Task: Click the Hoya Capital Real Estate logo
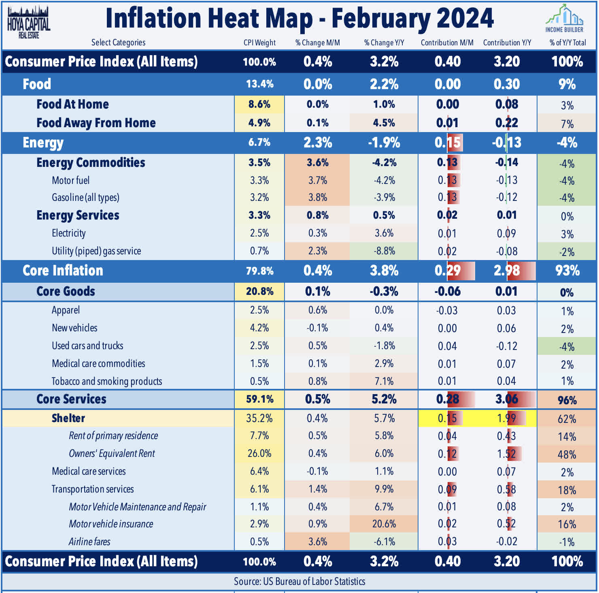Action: click(28, 22)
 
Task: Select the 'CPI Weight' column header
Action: click(259, 43)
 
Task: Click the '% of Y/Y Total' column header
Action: click(567, 43)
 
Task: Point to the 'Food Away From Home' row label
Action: click(96, 123)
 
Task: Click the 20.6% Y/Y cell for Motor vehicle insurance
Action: click(384, 524)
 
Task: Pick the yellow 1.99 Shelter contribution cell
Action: click(507, 418)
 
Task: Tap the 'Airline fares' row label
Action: click(89, 542)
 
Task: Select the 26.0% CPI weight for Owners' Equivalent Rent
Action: click(259, 453)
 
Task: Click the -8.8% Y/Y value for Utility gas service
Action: click(384, 251)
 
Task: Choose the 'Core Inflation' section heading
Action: click(63, 271)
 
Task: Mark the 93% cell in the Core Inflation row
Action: click(567, 271)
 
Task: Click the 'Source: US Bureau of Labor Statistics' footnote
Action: click(299, 581)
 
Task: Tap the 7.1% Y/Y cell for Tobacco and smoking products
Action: click(384, 381)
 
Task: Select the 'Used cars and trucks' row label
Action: click(87, 346)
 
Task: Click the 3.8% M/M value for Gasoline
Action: click(318, 197)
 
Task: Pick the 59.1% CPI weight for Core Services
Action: click(259, 399)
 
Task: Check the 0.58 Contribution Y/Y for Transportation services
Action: click(507, 489)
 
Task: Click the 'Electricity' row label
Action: click(69, 233)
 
